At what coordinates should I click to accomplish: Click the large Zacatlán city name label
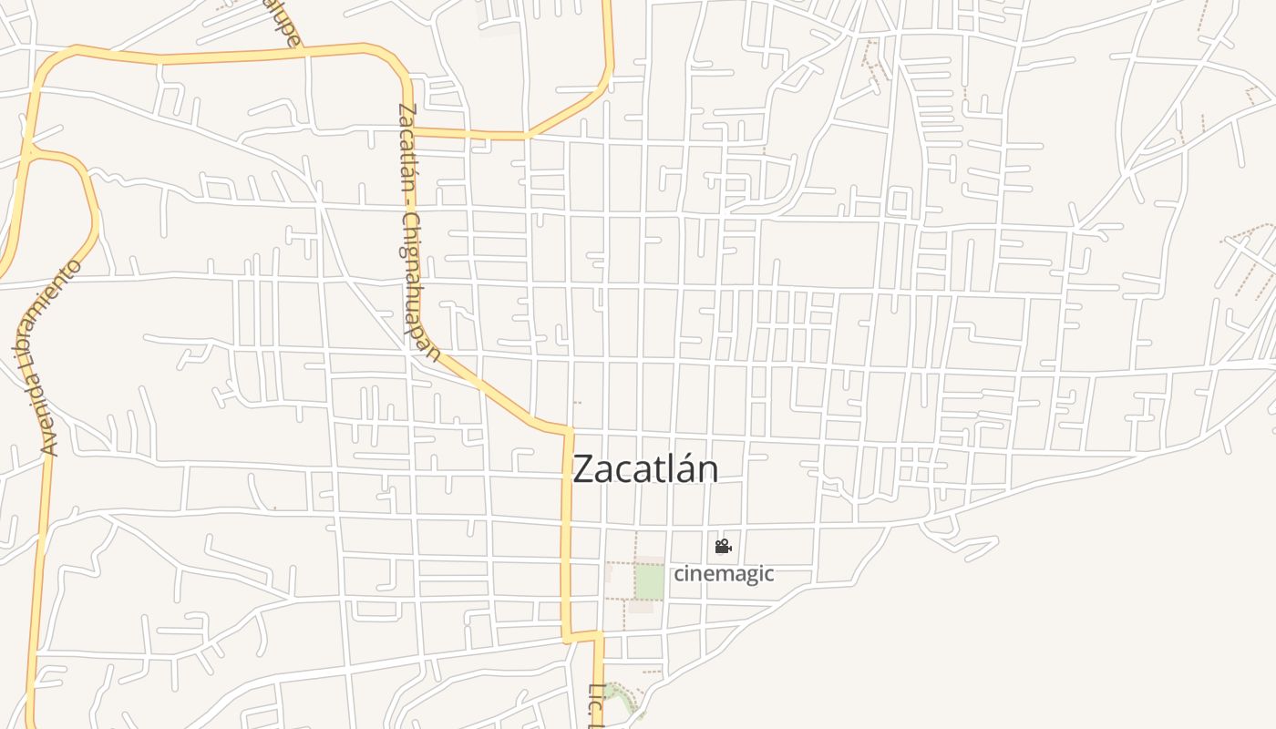(645, 468)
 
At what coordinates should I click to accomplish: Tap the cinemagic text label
(724, 573)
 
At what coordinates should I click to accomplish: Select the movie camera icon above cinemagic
(723, 547)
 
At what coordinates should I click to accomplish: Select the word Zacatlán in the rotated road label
(406, 146)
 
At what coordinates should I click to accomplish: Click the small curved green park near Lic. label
(621, 700)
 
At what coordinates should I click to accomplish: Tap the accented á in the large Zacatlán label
(681, 468)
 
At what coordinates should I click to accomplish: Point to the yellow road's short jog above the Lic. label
(583, 636)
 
